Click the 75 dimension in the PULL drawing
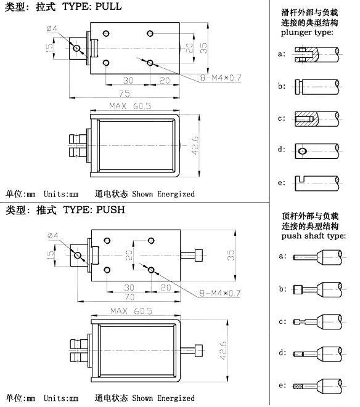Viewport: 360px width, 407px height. tap(125, 93)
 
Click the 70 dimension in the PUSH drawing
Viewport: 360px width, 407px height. tap(129, 296)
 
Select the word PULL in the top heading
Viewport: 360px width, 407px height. tap(108, 6)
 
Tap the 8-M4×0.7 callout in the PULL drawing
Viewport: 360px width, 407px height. tap(221, 78)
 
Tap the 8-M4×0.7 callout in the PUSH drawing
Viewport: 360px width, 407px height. tap(219, 293)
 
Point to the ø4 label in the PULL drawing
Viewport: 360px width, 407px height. tap(52, 28)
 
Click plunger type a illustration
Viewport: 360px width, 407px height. tap(317, 54)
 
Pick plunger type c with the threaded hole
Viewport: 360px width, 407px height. tap(317, 119)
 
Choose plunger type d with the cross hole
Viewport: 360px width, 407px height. tap(317, 151)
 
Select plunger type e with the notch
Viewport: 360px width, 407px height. tap(317, 183)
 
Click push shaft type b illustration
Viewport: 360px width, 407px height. tap(317, 289)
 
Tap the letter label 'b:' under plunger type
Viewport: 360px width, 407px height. tap(282, 86)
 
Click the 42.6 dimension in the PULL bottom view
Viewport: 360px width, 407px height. tap(195, 145)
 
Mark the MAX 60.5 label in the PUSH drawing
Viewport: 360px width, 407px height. tap(131, 311)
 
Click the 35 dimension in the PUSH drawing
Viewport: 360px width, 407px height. tap(231, 255)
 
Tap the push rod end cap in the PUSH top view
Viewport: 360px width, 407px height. tap(198, 255)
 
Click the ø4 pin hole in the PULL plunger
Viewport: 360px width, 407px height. tap(76, 48)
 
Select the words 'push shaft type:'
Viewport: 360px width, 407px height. tap(314, 236)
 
